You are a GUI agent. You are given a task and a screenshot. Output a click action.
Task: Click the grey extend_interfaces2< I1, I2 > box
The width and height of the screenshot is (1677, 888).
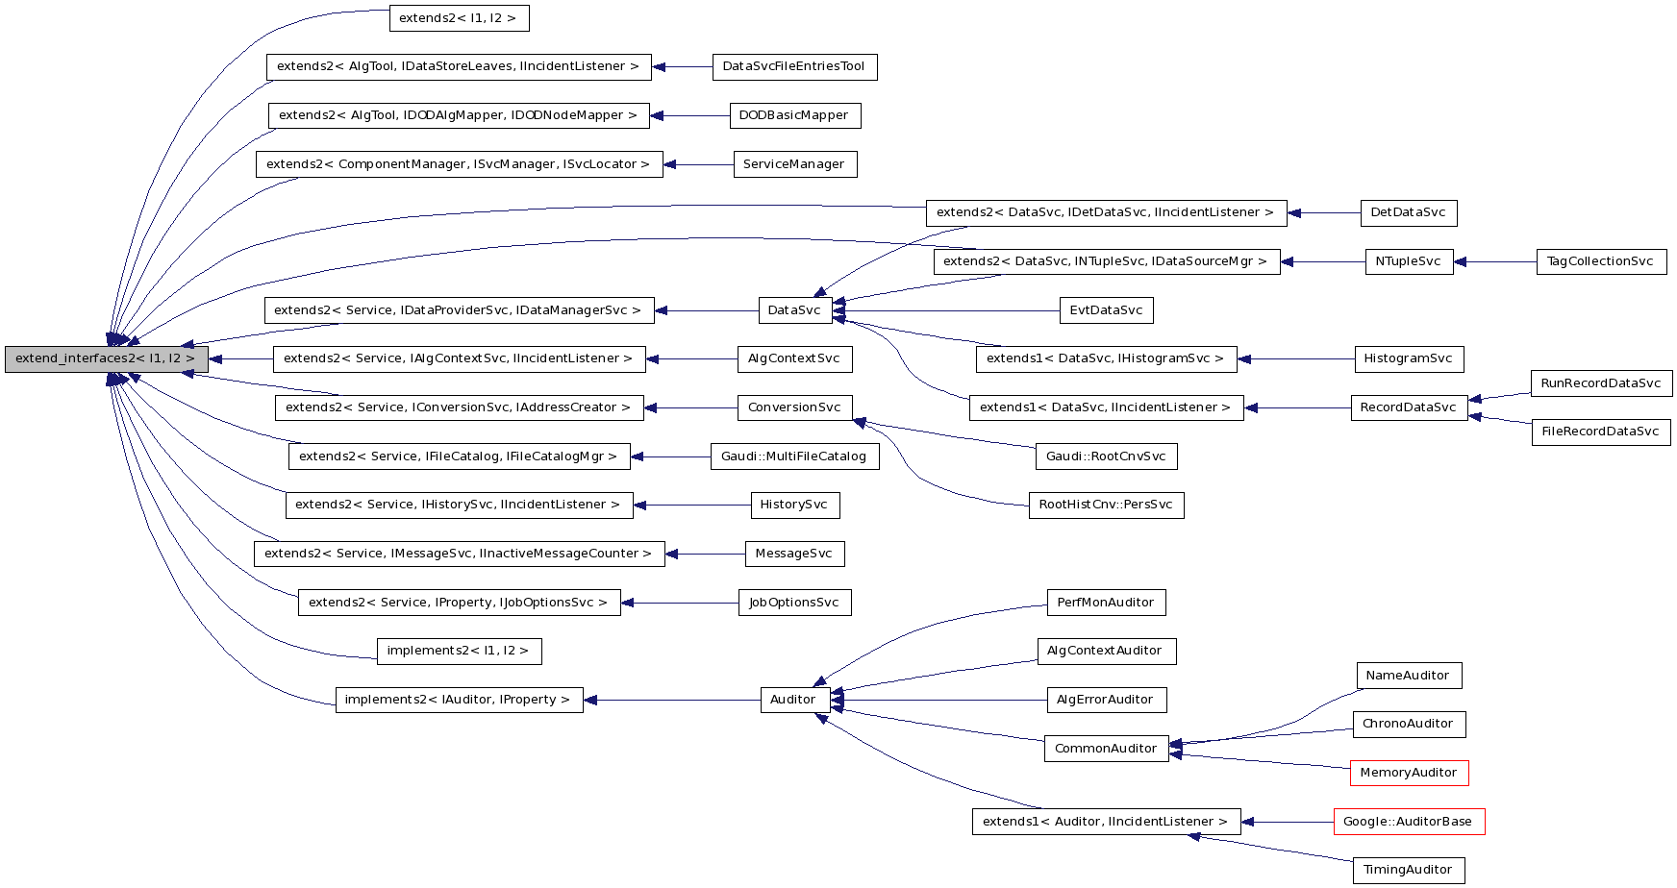pos(106,359)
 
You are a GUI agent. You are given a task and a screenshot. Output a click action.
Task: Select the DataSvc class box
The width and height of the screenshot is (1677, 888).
pos(794,310)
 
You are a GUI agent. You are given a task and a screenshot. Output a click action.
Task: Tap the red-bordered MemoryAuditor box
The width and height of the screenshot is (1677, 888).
pos(1409,773)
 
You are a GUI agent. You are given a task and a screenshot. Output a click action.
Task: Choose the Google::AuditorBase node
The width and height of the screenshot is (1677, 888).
pos(1409,822)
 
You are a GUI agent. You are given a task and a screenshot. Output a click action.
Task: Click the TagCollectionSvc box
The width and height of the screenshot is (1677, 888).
pos(1600,261)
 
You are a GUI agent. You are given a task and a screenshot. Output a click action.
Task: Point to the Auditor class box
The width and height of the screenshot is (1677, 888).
pos(794,700)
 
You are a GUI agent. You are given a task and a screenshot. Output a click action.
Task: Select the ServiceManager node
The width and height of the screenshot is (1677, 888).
pos(794,164)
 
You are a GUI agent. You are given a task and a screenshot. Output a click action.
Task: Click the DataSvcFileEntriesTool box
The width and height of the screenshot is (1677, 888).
pos(794,67)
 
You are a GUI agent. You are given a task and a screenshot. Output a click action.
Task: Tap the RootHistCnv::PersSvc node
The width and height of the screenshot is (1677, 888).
pos(1106,506)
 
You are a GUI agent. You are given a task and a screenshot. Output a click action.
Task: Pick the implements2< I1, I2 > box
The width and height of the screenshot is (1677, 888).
pos(459,652)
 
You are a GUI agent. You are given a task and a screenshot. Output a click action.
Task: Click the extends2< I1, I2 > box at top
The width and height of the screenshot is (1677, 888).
pos(459,18)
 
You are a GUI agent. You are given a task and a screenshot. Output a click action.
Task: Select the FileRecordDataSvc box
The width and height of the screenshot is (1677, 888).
pos(1600,432)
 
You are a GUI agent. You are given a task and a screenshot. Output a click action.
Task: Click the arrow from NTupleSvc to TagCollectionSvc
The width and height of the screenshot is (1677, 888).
pos(1495,261)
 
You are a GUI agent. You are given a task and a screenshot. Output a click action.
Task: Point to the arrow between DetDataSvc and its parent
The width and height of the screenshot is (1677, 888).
pos(1323,213)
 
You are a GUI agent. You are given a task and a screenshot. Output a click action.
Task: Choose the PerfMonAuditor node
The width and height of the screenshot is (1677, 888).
pos(1106,603)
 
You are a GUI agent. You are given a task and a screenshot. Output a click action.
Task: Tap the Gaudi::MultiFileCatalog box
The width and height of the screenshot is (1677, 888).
pos(794,456)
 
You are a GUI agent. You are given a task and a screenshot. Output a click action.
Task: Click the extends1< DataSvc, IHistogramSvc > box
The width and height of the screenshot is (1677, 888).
pos(1106,359)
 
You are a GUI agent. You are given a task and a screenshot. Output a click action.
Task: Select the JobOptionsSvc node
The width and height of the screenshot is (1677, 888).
pos(794,603)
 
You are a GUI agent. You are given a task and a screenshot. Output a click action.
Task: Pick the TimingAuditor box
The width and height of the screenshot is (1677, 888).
pos(1409,871)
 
